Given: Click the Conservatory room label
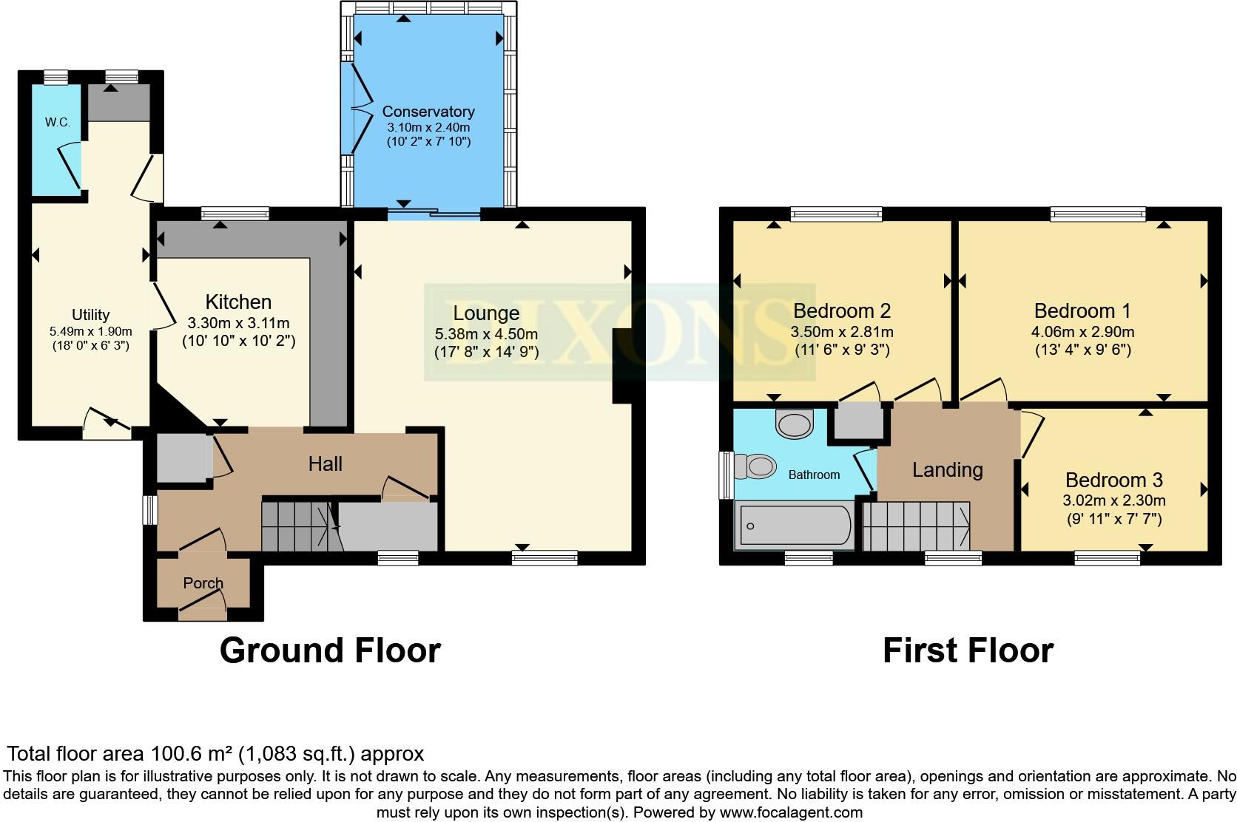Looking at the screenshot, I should [428, 112].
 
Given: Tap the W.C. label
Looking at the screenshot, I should [57, 122].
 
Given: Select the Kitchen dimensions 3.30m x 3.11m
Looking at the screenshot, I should [238, 323].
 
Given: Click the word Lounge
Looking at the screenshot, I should [486, 313].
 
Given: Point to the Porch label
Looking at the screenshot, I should [203, 583].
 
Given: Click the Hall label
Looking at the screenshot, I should [325, 464].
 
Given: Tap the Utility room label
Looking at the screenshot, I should [90, 315].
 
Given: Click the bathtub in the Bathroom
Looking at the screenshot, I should [794, 526].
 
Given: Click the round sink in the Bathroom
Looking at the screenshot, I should [794, 425].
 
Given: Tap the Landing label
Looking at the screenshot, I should [947, 470].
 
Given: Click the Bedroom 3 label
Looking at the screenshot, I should [1114, 480].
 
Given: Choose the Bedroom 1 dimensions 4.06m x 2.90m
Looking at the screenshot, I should [1082, 332].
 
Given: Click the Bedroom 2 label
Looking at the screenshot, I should [841, 310].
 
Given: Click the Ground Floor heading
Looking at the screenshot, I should [330, 651].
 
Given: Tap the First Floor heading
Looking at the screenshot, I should [968, 651].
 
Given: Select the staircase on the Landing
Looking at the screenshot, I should [916, 526].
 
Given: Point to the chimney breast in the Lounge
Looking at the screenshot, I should [621, 366].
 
